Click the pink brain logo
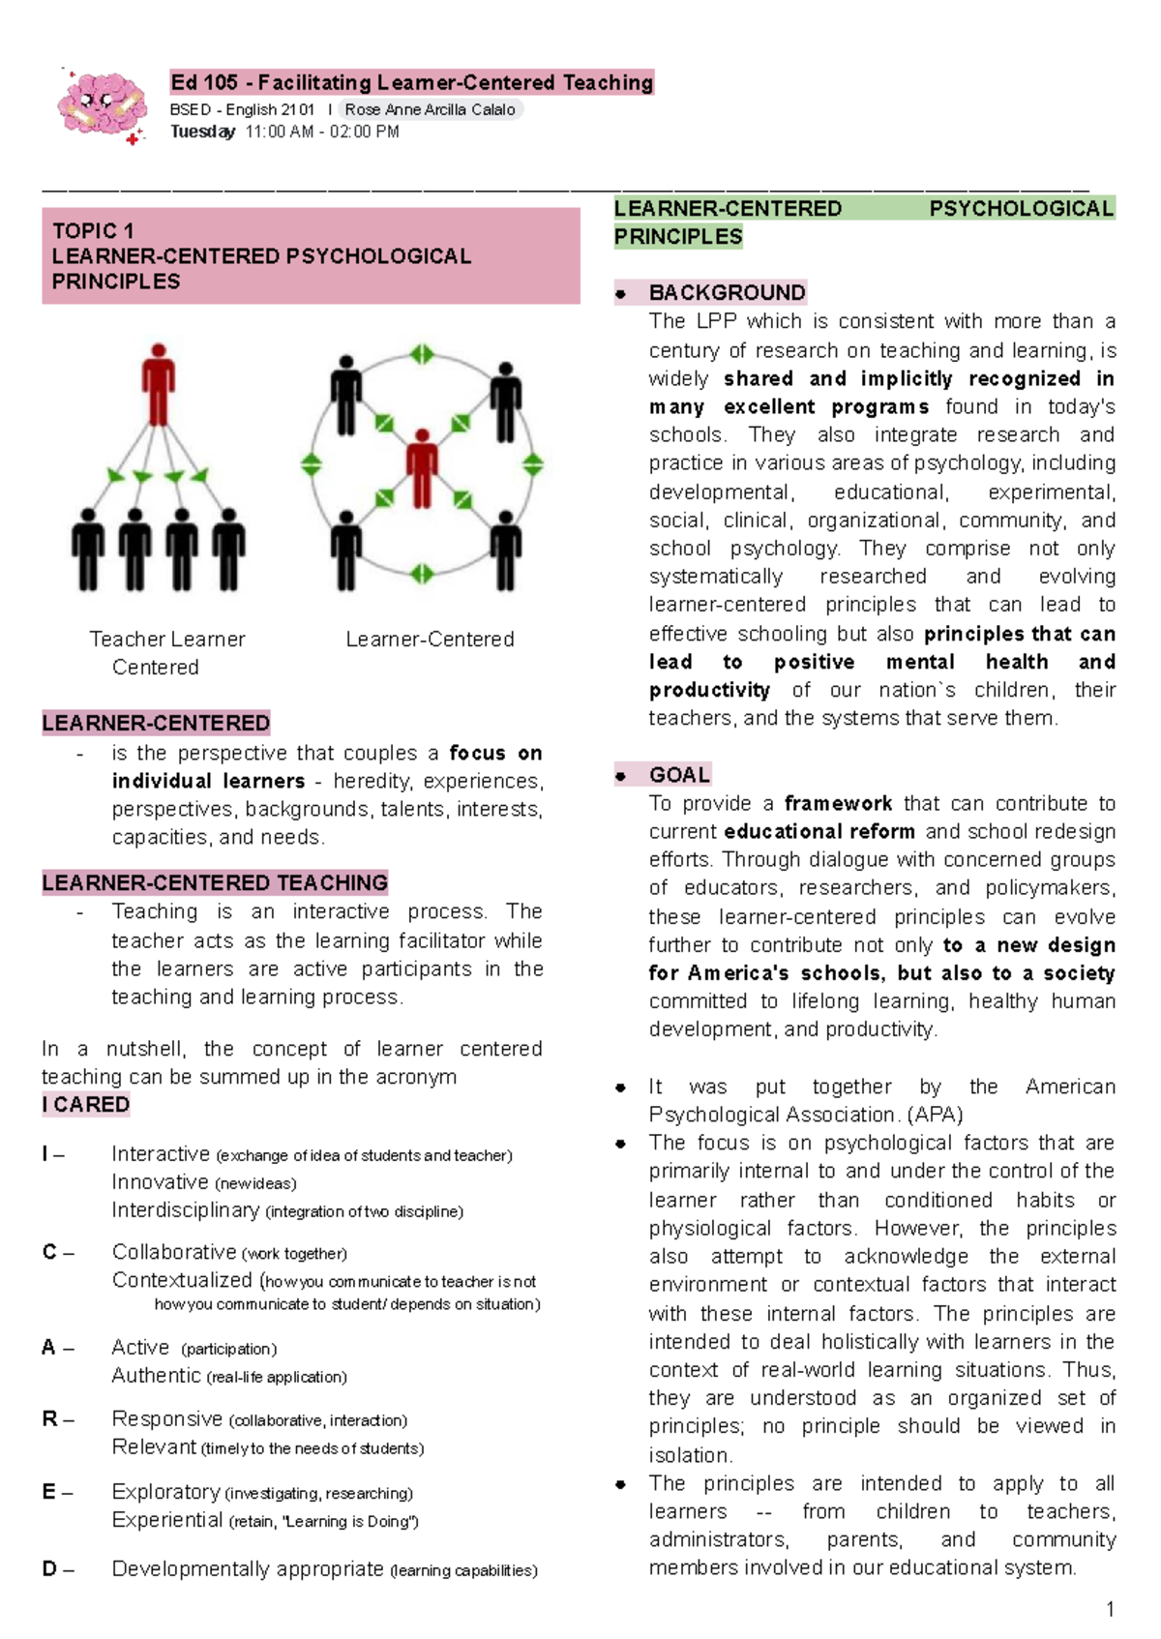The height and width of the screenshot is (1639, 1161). (x=102, y=104)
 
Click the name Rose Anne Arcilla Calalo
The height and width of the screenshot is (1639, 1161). (x=430, y=109)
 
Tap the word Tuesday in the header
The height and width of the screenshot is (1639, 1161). (x=202, y=132)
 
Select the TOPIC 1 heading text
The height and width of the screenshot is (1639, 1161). (x=93, y=230)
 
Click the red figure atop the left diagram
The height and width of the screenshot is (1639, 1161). (x=159, y=383)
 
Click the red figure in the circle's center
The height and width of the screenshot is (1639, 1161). (x=422, y=467)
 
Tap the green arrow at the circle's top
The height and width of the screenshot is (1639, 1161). (x=422, y=354)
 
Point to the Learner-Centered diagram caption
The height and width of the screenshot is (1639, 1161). (x=430, y=639)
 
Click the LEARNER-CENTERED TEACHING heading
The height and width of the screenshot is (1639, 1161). (x=215, y=882)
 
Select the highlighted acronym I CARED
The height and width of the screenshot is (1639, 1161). (x=86, y=1104)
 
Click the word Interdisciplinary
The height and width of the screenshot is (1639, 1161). (x=185, y=1210)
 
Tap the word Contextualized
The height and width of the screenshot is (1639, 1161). (x=182, y=1280)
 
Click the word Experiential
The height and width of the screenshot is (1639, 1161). (x=166, y=1520)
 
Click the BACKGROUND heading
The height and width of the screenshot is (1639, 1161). (x=727, y=292)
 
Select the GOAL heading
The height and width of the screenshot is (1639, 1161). (x=679, y=774)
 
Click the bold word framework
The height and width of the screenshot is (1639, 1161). (x=838, y=803)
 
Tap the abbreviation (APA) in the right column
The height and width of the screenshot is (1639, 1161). (x=935, y=1115)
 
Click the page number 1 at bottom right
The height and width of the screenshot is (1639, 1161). (x=1110, y=1609)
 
